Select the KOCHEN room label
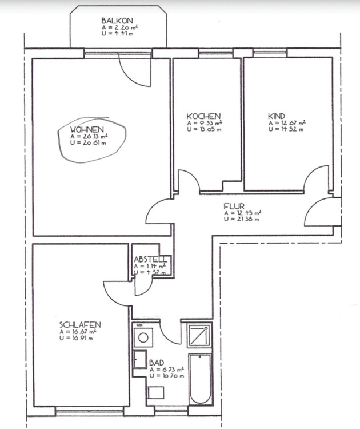203,116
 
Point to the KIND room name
277,116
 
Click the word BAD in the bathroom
157,363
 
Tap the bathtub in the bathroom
200,379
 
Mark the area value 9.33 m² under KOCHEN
205,123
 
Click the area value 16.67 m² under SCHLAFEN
80,332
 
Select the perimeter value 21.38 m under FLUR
242,219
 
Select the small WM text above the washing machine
139,325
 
